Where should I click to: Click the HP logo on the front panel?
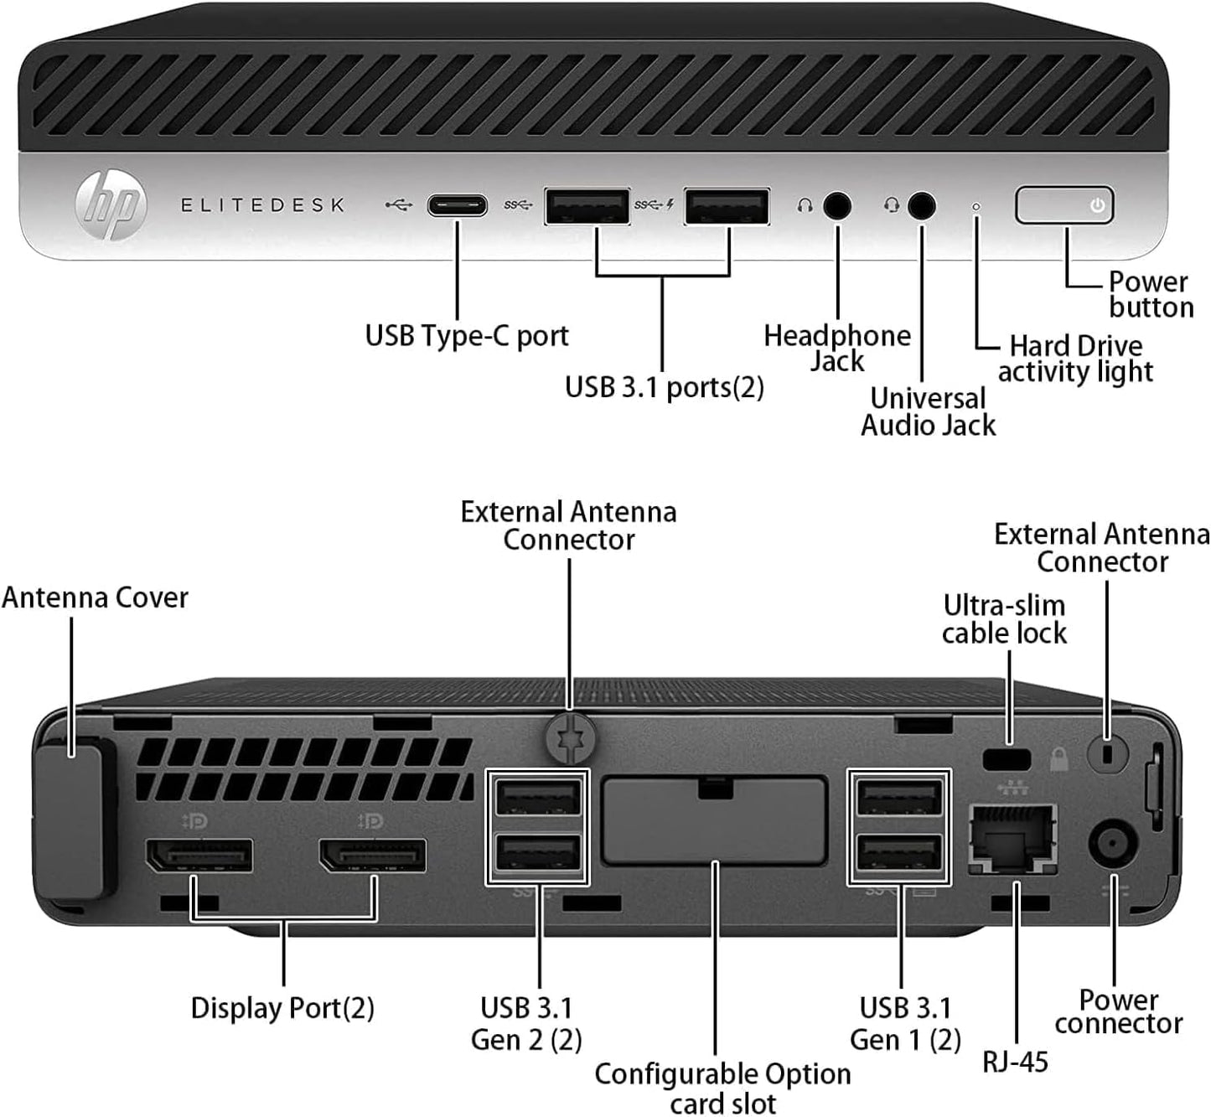111,205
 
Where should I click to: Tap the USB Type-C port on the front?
458,205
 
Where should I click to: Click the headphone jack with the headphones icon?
836,206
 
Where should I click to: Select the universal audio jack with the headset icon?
922,206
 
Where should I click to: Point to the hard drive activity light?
976,206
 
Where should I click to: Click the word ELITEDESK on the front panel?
263,205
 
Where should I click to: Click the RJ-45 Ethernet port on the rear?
1012,836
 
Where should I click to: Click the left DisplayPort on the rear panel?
199,855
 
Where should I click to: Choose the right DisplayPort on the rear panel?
372,855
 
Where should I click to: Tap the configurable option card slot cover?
714,820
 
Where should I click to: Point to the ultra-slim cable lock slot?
1007,759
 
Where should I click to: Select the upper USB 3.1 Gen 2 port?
538,797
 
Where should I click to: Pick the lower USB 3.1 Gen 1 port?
900,855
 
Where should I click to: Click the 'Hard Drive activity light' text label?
1075,359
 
